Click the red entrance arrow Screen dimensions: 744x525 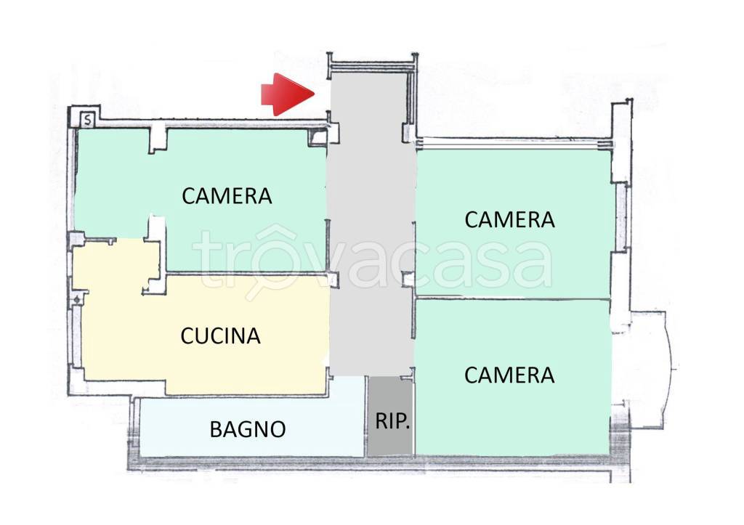click(x=288, y=94)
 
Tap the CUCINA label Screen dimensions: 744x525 click(x=221, y=335)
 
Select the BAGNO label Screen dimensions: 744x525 click(x=248, y=429)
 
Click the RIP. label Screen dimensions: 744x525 click(x=392, y=420)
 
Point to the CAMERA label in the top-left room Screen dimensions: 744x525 click(x=227, y=196)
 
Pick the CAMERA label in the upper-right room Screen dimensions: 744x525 click(x=509, y=219)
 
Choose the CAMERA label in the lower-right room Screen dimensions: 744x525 click(x=509, y=375)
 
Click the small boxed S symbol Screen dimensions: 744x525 click(x=88, y=120)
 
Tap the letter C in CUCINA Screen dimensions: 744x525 click(x=187, y=335)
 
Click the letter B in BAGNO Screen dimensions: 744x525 click(x=216, y=429)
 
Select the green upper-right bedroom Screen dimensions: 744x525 click(x=512, y=223)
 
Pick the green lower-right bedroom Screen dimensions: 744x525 click(x=512, y=377)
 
